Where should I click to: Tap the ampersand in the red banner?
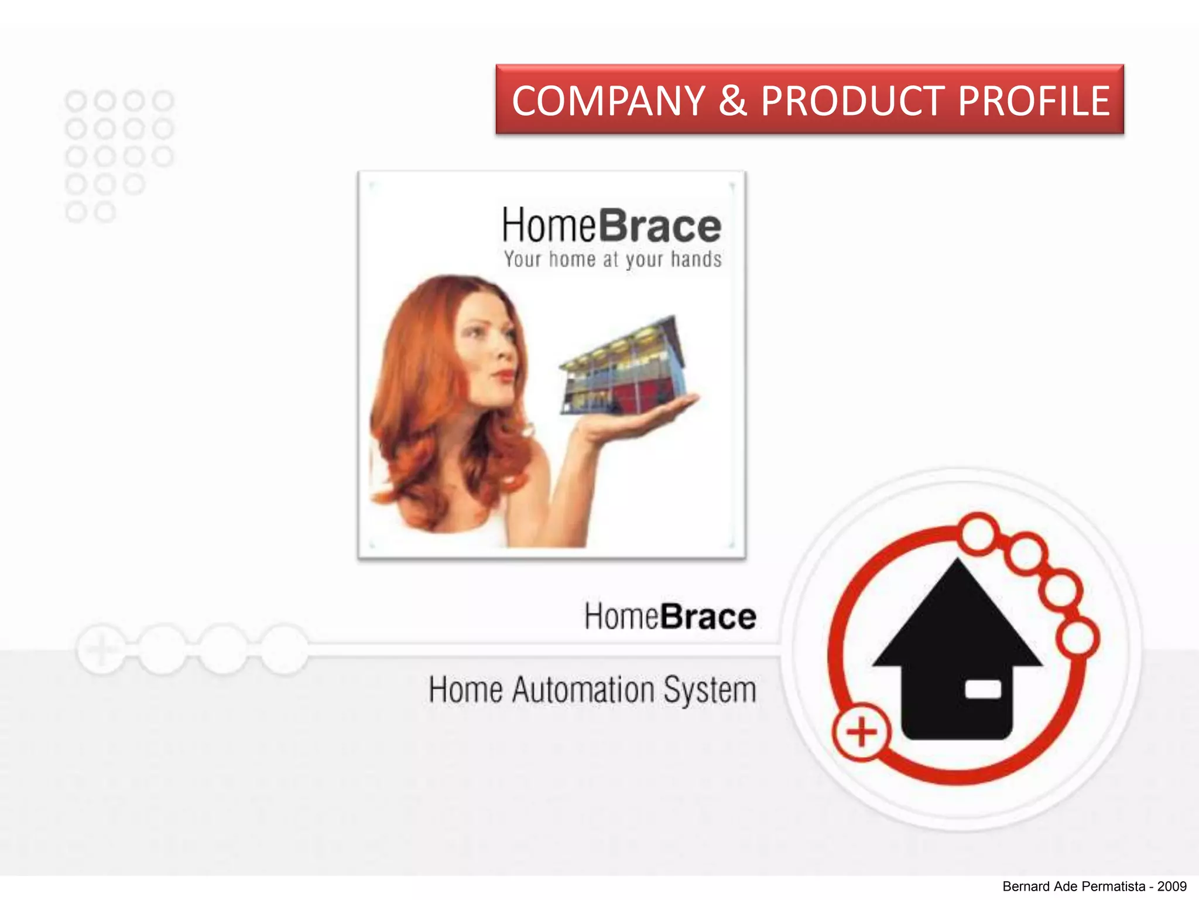(x=732, y=101)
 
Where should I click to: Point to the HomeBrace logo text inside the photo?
(x=611, y=226)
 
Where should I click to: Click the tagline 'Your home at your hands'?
(x=612, y=259)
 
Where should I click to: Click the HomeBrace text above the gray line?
(x=670, y=616)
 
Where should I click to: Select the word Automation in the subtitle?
(x=583, y=690)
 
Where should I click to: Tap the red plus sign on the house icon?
(x=861, y=732)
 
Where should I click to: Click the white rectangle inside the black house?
(x=983, y=690)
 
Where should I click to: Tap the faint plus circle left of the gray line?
(x=101, y=649)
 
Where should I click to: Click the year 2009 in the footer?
(x=1171, y=887)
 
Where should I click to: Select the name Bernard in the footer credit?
(x=1026, y=887)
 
